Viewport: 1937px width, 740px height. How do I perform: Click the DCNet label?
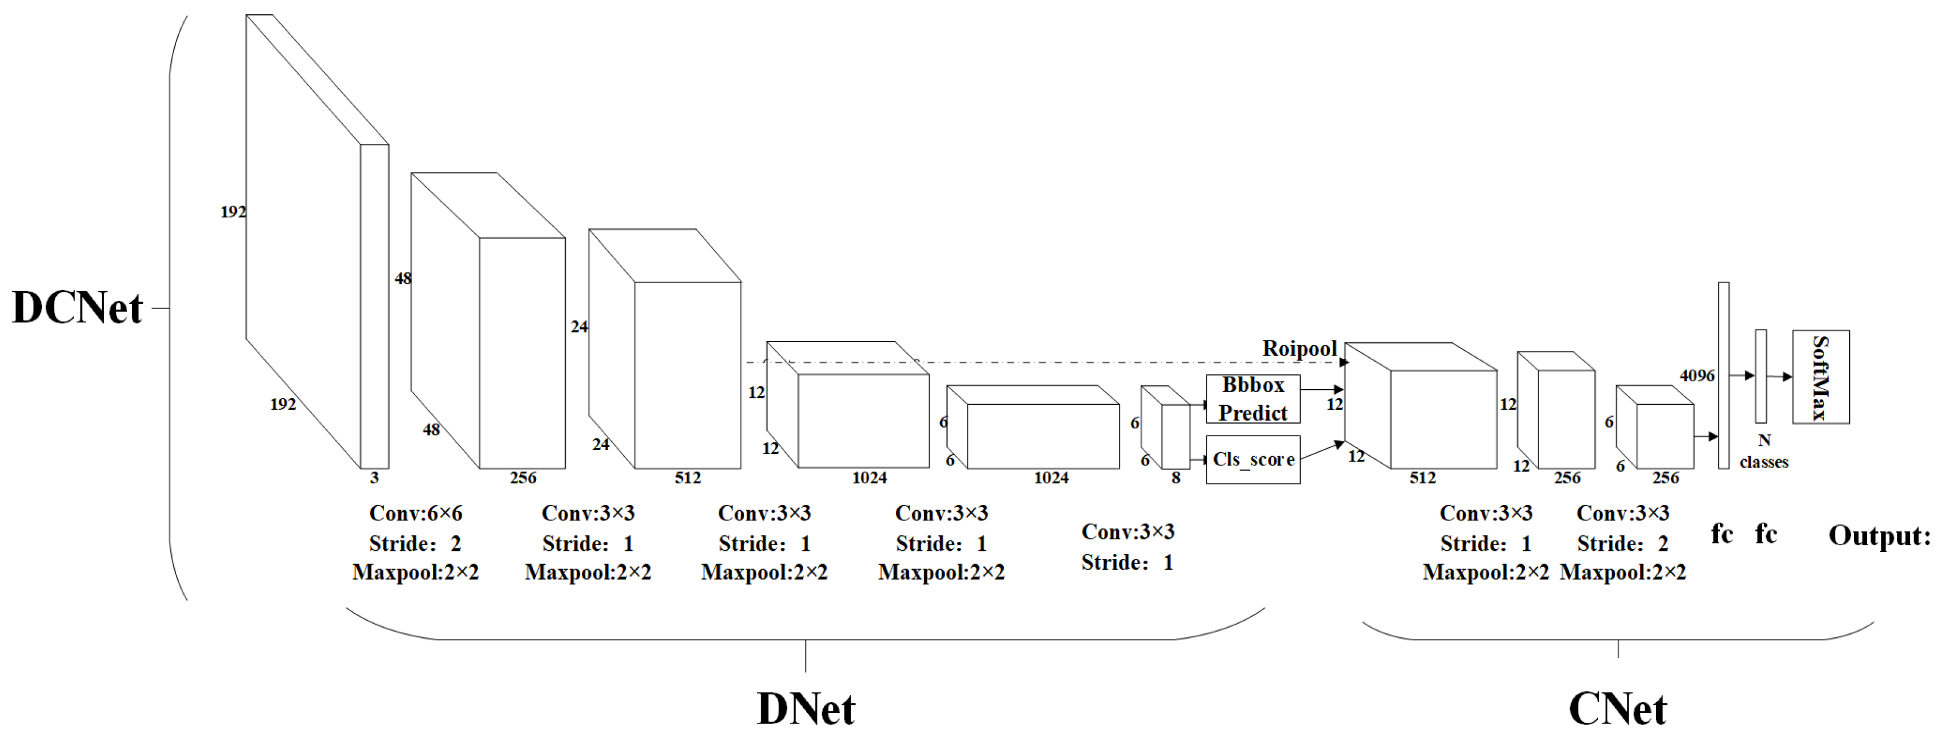[77, 308]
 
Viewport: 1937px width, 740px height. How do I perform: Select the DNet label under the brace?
[805, 709]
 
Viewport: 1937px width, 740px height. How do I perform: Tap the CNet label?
[1618, 709]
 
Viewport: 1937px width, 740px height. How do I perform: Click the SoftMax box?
[1821, 377]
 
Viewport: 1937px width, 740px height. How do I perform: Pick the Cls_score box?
[1253, 460]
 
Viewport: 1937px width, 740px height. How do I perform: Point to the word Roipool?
[1300, 349]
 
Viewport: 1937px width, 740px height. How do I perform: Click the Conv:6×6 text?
[415, 514]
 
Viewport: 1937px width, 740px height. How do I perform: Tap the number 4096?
[1697, 376]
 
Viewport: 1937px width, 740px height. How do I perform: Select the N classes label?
[1764, 451]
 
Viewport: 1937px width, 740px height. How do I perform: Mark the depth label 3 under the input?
[374, 478]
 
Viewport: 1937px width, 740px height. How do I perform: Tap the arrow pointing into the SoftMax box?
[1781, 377]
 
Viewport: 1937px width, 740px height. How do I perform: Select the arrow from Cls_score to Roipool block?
[1322, 451]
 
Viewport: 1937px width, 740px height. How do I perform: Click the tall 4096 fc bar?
[1723, 376]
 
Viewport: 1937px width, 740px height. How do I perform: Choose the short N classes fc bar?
[1761, 376]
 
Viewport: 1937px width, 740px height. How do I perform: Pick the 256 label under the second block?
[523, 478]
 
